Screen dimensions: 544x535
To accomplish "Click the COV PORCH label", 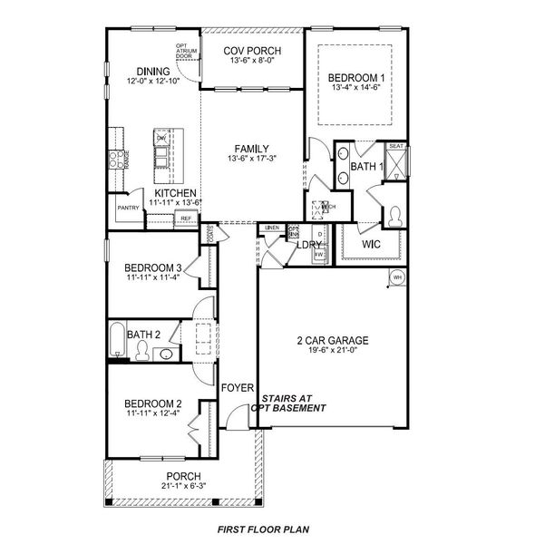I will point(251,49).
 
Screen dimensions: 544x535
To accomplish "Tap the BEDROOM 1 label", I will point(356,79).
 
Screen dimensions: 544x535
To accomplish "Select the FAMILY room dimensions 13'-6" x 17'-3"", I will point(251,160).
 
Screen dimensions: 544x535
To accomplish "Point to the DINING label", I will point(153,71).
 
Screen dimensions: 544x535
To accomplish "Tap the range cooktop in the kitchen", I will point(116,160).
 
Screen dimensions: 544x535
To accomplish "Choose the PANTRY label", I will point(127,208).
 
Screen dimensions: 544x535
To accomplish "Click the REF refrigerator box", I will point(186,219).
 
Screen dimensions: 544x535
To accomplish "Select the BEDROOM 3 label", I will point(154,267).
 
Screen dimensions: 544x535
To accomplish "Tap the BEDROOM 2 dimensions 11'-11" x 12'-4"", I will point(154,413).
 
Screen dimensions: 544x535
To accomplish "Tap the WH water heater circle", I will point(396,278).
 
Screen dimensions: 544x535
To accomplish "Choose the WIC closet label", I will point(371,245).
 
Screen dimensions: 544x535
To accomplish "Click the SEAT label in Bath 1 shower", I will point(395,146).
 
